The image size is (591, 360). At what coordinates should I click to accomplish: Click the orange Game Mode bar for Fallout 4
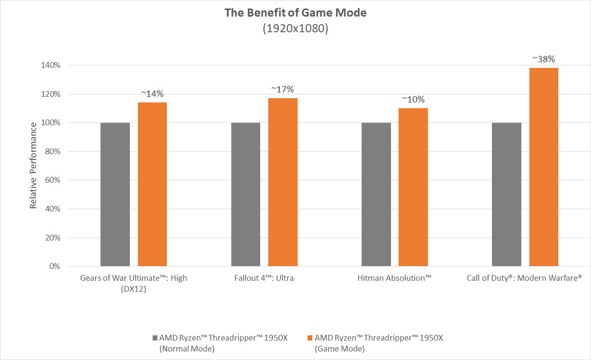click(x=282, y=182)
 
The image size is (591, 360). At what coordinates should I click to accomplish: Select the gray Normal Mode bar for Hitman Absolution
click(x=376, y=194)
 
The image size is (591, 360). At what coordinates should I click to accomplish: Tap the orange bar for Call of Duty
click(x=544, y=167)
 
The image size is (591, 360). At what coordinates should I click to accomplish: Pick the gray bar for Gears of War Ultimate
click(x=115, y=194)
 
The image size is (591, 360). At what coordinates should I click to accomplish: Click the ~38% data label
click(x=544, y=59)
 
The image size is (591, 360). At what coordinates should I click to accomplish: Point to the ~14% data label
click(x=152, y=94)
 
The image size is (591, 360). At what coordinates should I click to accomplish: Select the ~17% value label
click(x=282, y=89)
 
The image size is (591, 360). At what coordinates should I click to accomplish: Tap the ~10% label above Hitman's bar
click(x=413, y=100)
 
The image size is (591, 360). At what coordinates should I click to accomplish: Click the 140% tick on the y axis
click(x=50, y=65)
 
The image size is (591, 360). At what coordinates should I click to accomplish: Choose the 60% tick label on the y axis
click(x=52, y=180)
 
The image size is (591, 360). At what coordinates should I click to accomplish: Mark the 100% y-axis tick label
click(x=50, y=123)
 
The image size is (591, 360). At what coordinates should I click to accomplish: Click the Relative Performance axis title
click(x=33, y=166)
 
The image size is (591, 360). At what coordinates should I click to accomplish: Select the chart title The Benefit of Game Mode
click(x=295, y=13)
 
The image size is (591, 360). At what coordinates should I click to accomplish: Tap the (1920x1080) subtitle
click(x=295, y=28)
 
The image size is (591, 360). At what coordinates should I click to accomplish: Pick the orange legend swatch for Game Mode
click(x=310, y=338)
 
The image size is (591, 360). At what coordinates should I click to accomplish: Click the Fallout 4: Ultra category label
click(x=264, y=278)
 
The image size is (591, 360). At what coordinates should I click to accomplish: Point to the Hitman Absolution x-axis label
click(x=394, y=278)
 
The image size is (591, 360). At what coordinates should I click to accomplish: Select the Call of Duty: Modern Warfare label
click(x=525, y=278)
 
